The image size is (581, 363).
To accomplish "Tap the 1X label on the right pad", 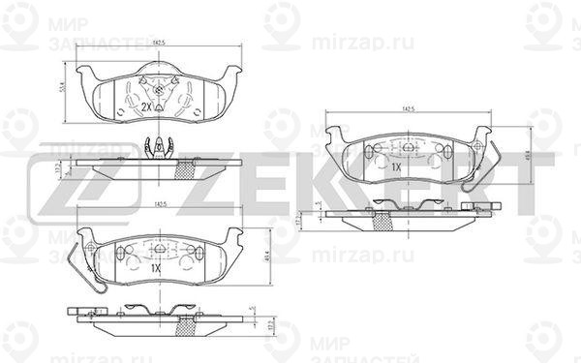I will coord(397,166).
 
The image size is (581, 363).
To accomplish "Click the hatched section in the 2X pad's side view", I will coord(180,171).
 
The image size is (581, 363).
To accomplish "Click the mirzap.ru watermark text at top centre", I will coord(348,42).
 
